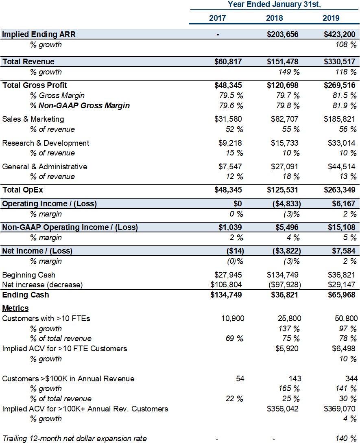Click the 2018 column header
pyautogui.click(x=274, y=18)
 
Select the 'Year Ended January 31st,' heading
pyautogui.click(x=274, y=4)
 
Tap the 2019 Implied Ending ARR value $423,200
pyautogui.click(x=339, y=34)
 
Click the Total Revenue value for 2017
pyautogui.click(x=228, y=62)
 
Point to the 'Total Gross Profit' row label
pyautogui.click(x=35, y=85)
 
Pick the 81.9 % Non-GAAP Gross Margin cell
pyautogui.click(x=345, y=106)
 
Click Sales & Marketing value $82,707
pyautogui.click(x=284, y=119)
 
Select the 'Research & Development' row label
pyautogui.click(x=46, y=143)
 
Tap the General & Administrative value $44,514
pyautogui.click(x=341, y=166)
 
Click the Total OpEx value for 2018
pyautogui.click(x=282, y=190)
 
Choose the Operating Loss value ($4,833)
pyautogui.click(x=287, y=203)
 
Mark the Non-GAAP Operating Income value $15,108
pyautogui.click(x=341, y=227)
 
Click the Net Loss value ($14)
pyautogui.click(x=235, y=251)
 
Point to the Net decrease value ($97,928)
pyautogui.click(x=285, y=284)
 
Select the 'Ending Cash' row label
pyautogui.click(x=26, y=295)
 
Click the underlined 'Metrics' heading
pyautogui.click(x=15, y=308)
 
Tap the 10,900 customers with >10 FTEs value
pyautogui.click(x=233, y=319)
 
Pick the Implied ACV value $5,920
pyautogui.click(x=287, y=349)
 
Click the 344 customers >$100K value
pyautogui.click(x=351, y=378)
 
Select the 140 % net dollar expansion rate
pyautogui.click(x=346, y=439)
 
